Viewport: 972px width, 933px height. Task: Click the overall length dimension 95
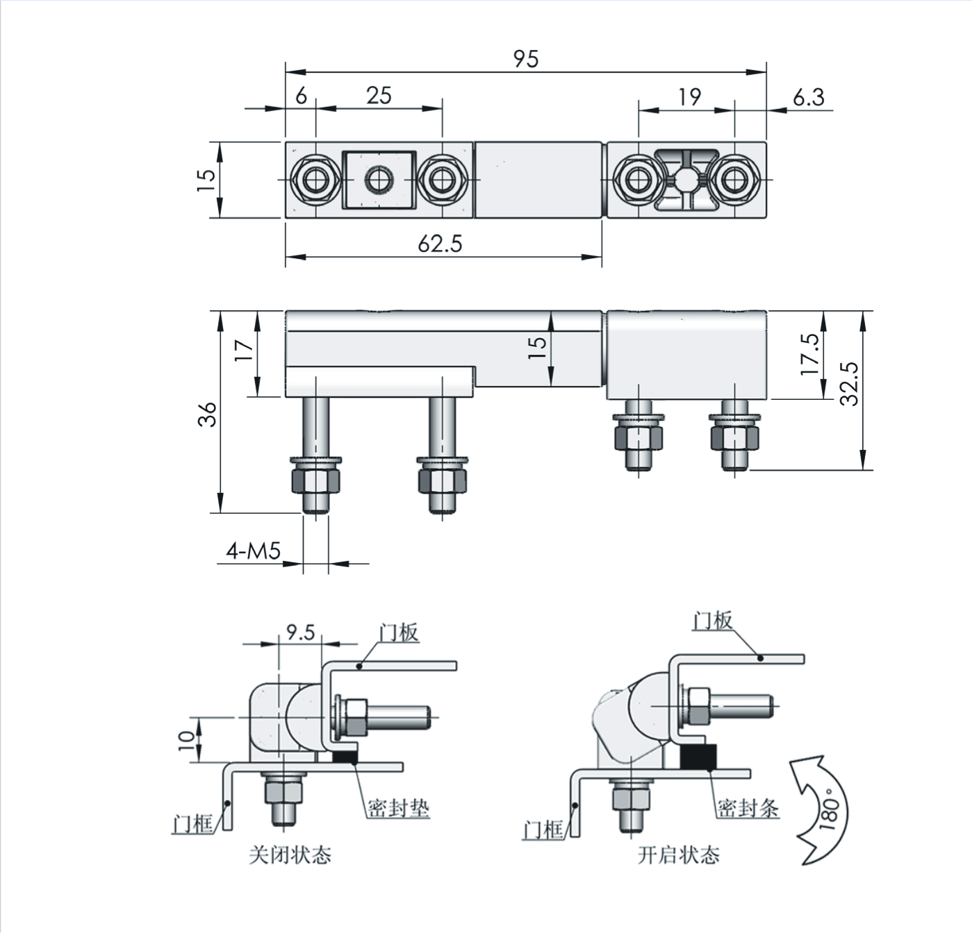(526, 60)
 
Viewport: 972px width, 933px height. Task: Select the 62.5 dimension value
(440, 244)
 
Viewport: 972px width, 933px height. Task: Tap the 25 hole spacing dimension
(379, 96)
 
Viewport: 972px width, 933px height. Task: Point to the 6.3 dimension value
(809, 97)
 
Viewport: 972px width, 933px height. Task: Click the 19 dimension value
(690, 97)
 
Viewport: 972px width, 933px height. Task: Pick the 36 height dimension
(207, 414)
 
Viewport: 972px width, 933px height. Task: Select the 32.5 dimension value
(849, 383)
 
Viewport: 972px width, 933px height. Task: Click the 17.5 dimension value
(809, 355)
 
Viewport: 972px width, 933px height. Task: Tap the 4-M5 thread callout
(253, 551)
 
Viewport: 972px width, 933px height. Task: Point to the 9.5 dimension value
(301, 632)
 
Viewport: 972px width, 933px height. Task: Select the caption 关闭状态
(290, 855)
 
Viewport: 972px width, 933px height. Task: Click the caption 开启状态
(678, 855)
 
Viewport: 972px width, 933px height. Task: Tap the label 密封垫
(399, 807)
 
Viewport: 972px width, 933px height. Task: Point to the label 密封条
(748, 807)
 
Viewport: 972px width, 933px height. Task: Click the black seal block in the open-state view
(698, 757)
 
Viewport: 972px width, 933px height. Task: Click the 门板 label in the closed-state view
(399, 632)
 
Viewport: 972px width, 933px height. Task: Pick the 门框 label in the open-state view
(543, 830)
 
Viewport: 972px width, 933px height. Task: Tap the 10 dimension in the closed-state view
(186, 740)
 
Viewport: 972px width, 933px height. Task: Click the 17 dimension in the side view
(244, 351)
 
